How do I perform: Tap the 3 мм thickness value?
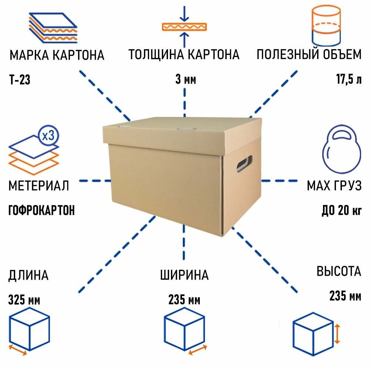[x=185, y=80]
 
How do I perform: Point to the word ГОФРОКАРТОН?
[x=41, y=211]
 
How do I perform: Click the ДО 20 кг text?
[x=341, y=211]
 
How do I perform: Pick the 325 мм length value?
[x=24, y=300]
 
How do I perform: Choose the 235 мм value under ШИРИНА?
[x=184, y=300]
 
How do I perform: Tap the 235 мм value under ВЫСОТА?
[x=345, y=296]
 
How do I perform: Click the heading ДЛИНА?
[x=28, y=276]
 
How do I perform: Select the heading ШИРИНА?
[x=184, y=276]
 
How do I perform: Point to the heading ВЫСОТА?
[x=339, y=272]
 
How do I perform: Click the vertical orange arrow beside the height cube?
[x=337, y=333]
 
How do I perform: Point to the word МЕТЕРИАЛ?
[x=39, y=186]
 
